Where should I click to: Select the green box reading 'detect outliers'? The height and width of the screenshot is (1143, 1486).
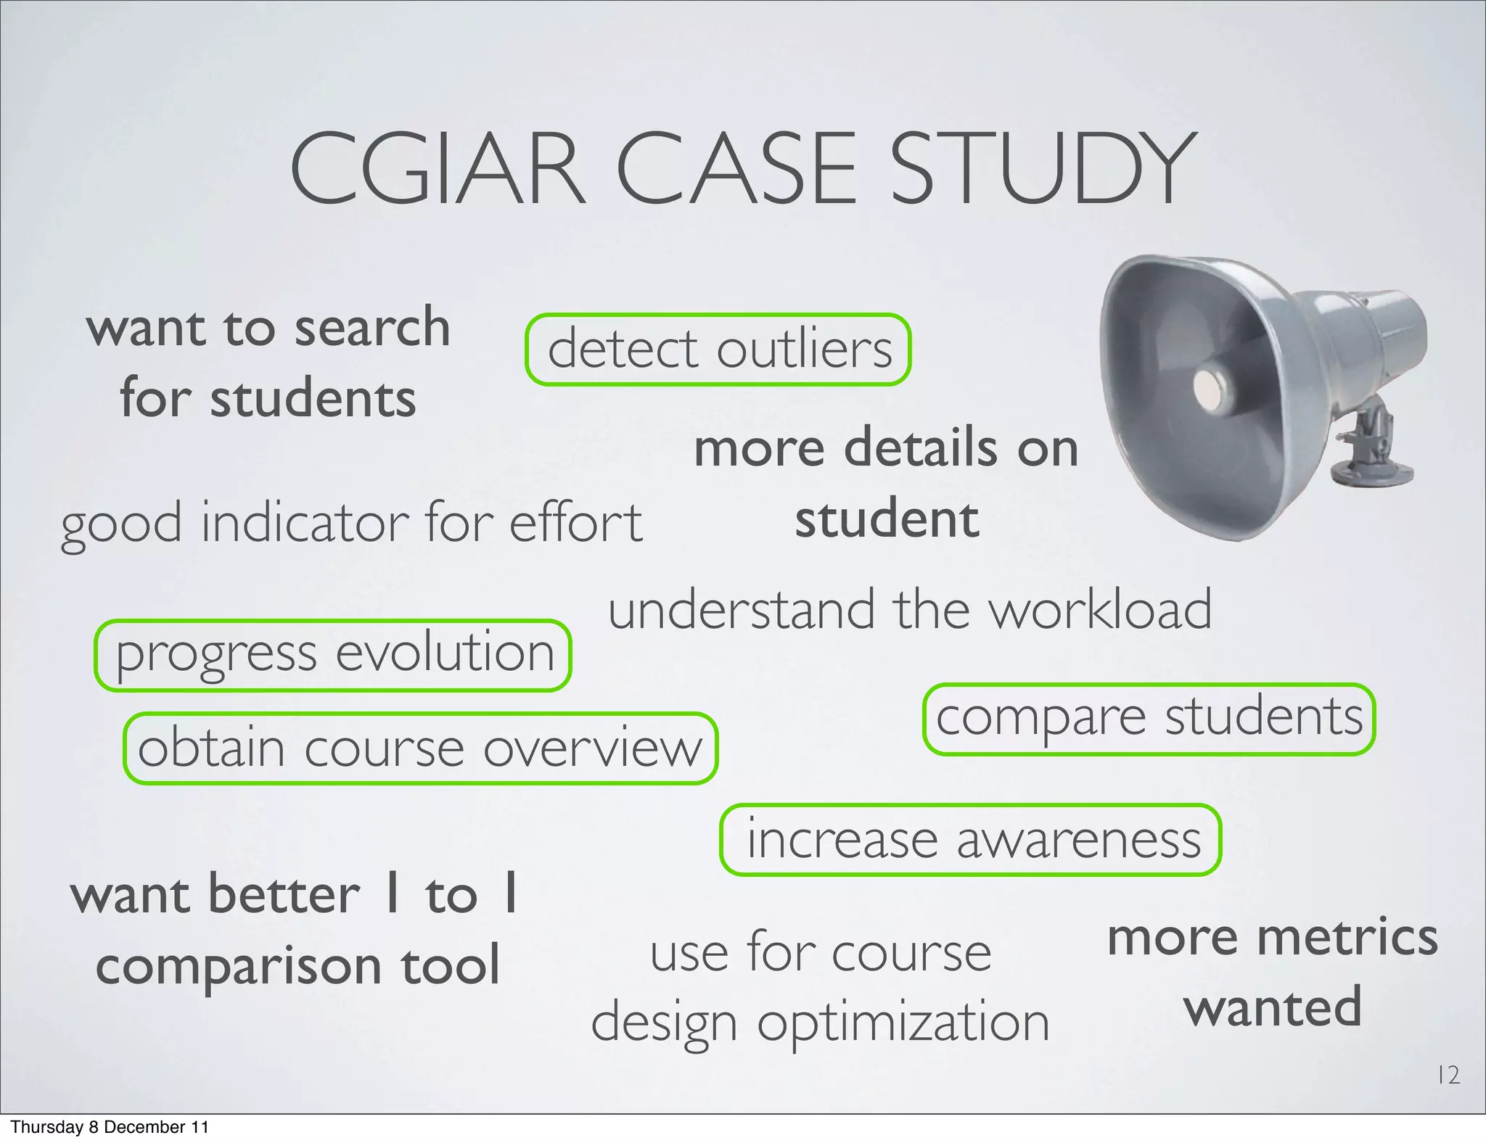point(718,350)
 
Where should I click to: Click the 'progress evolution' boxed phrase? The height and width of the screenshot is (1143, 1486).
point(333,655)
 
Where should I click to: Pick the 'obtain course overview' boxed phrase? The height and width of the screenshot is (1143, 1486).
point(420,748)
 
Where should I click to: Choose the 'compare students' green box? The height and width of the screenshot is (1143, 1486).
point(1149,719)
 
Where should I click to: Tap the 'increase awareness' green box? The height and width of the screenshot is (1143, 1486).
point(971,840)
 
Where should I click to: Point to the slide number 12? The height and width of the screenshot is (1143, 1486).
point(1448,1075)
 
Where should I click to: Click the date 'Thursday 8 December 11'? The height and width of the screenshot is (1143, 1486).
point(110,1127)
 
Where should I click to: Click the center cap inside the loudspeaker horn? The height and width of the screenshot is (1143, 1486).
point(1207,384)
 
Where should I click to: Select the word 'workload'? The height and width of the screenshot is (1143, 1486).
point(1101,610)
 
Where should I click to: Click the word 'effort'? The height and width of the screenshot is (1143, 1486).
point(575,522)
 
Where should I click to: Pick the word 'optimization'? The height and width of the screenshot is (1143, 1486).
point(903,1023)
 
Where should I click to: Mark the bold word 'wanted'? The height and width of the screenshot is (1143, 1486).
point(1273,1007)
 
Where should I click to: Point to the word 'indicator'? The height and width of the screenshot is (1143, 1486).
point(304,522)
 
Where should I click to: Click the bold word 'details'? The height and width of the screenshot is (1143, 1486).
point(921,447)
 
